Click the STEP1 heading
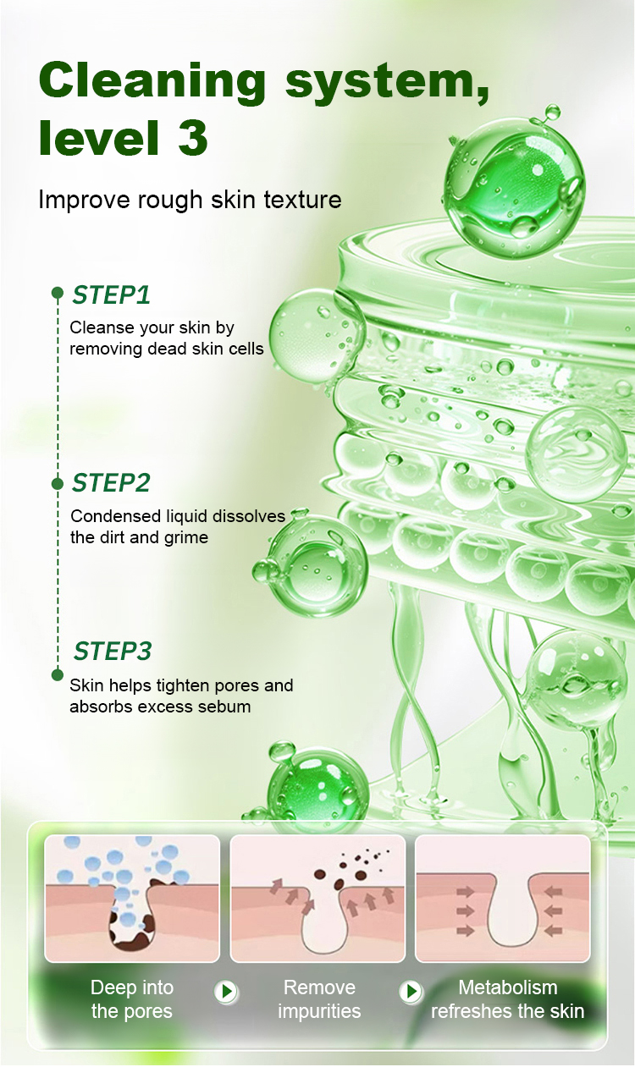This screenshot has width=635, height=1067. (x=111, y=294)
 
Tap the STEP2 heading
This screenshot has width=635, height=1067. (x=111, y=483)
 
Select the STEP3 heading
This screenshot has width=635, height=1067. (x=113, y=652)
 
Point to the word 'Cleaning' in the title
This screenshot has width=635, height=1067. (x=152, y=81)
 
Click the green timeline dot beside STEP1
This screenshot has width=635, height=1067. (x=58, y=293)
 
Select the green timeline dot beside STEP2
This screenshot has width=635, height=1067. (x=58, y=484)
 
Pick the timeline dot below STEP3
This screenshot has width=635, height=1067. (x=58, y=674)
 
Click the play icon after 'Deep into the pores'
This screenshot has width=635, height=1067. (x=226, y=991)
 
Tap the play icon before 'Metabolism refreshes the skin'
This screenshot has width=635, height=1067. (x=411, y=991)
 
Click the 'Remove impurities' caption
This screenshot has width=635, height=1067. (x=319, y=999)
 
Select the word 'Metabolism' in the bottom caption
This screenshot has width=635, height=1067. (x=508, y=987)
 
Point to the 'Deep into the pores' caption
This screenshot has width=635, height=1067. (x=132, y=999)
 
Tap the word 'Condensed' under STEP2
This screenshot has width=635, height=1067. (x=115, y=516)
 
